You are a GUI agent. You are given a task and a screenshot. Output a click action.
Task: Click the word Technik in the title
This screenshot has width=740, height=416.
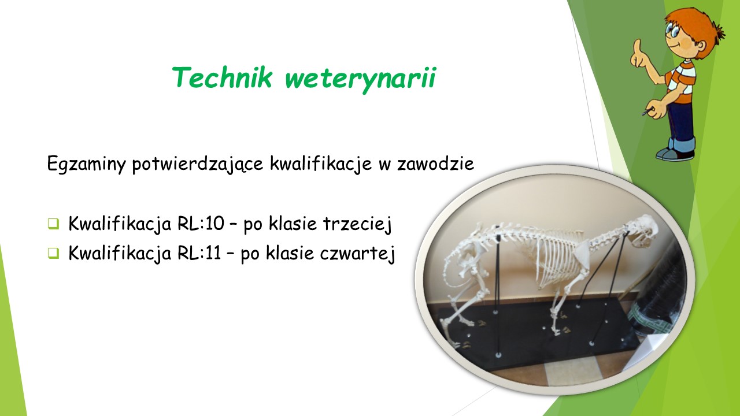point(223,77)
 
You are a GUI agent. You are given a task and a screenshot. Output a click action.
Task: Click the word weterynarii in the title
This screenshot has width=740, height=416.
point(360,79)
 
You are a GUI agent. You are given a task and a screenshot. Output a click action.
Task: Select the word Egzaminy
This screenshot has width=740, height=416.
point(86,164)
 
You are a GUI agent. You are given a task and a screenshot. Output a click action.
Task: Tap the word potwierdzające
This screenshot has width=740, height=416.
point(198,164)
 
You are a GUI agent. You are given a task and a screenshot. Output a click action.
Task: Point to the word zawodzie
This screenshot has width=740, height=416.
point(435,163)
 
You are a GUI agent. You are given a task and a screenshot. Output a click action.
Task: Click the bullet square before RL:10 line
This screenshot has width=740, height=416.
point(53,224)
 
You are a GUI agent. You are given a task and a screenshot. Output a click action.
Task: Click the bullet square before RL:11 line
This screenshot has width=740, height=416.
point(53,253)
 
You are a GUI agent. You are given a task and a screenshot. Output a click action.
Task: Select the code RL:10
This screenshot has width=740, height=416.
point(201,223)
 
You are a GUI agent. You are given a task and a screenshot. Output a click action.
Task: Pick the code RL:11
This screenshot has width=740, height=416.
point(199,253)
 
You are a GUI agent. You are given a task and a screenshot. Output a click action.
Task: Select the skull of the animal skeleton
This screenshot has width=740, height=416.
point(641,231)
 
